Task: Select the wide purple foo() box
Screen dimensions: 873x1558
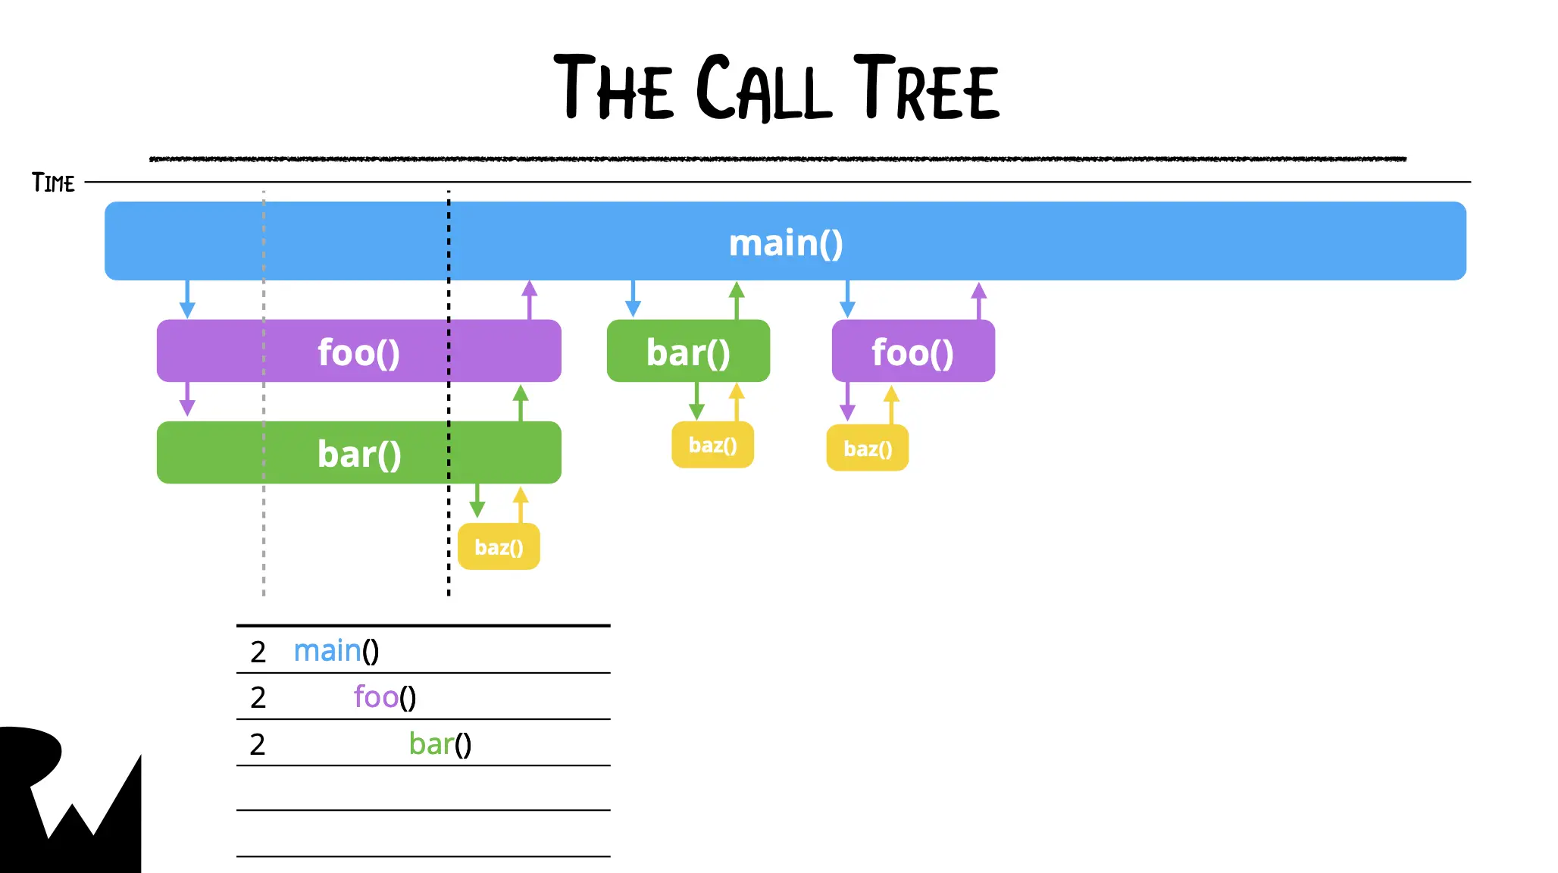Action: point(358,351)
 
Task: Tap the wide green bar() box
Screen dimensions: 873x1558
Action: point(358,452)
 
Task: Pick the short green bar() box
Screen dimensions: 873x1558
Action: point(688,351)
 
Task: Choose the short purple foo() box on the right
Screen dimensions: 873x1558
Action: point(913,351)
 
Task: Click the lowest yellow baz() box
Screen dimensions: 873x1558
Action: point(499,546)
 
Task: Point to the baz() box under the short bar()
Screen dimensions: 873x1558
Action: point(712,445)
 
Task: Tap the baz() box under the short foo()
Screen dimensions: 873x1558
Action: point(868,448)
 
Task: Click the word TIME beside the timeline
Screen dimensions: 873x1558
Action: point(53,183)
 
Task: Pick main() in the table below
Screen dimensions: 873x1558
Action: point(336,651)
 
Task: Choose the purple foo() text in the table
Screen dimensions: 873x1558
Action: point(384,697)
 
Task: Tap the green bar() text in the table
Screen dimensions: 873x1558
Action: point(440,744)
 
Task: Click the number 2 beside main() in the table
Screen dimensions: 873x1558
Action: point(258,652)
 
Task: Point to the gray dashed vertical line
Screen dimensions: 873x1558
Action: point(264,530)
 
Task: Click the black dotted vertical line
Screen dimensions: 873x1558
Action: point(449,530)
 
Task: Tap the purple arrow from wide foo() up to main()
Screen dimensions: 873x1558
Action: point(530,299)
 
